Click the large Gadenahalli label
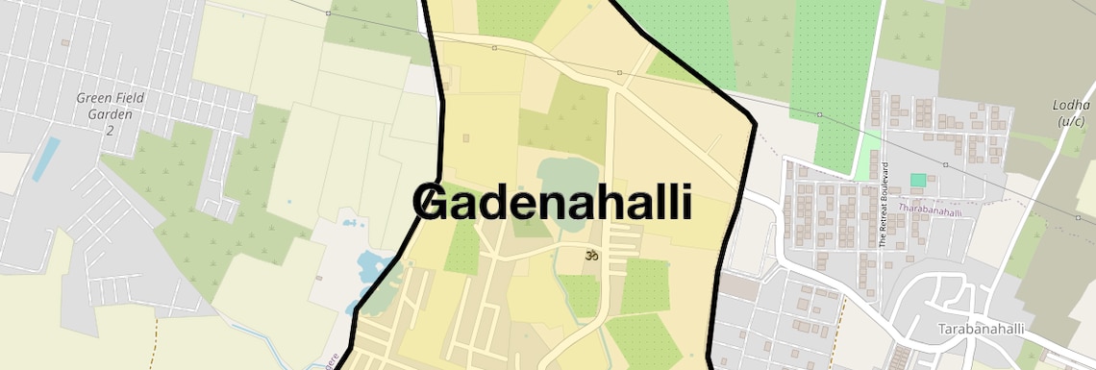[x=553, y=203]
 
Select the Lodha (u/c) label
[x=1072, y=112]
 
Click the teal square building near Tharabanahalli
[x=918, y=180]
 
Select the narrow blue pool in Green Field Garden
[x=45, y=159]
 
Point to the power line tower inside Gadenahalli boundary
[x=619, y=72]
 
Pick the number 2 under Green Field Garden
[x=110, y=129]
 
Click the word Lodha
[x=1072, y=105]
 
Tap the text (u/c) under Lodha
[x=1071, y=121]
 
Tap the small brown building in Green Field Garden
[x=64, y=42]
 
